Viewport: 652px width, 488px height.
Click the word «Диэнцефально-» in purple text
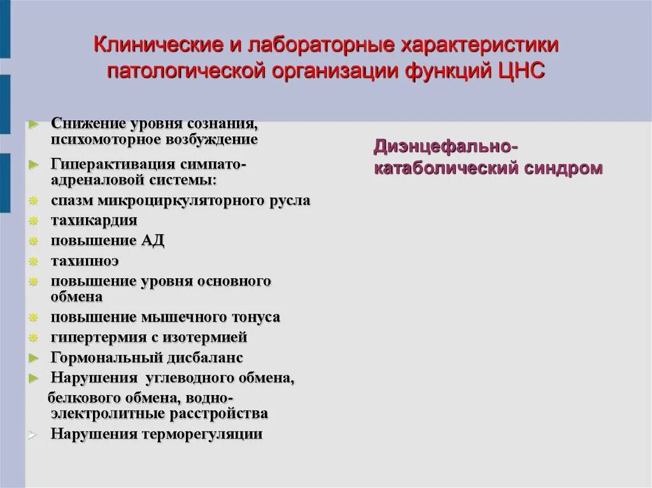(445, 147)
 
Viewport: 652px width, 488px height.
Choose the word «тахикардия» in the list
(94, 220)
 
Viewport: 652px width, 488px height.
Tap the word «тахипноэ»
(85, 261)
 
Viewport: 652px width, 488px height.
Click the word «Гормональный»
(105, 358)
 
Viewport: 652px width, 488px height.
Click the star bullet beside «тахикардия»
(34, 221)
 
